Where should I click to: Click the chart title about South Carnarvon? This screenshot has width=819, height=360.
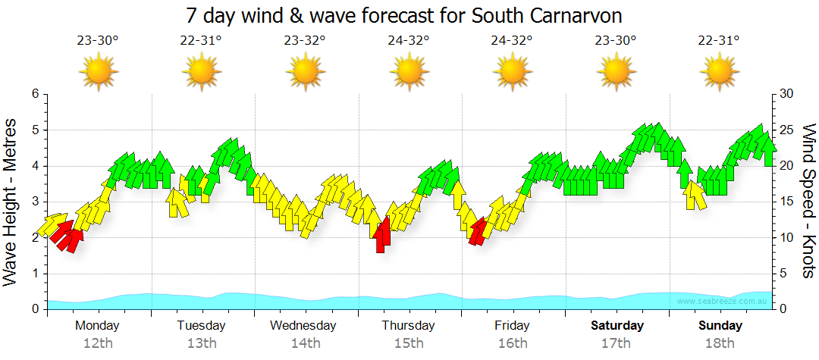point(409,16)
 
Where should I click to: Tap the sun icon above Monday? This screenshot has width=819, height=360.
point(98,73)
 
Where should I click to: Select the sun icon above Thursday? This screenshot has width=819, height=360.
point(409,73)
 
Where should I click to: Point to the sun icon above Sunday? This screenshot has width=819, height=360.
point(719,73)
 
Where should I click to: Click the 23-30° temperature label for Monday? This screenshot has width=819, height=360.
point(98,41)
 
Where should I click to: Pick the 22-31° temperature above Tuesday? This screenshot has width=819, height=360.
point(201,41)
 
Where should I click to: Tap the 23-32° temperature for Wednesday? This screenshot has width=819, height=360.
point(305,41)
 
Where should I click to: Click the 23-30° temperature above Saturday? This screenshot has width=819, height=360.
point(615,41)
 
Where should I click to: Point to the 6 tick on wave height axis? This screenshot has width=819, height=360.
point(35,94)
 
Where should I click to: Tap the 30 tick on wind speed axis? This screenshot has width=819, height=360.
point(787,94)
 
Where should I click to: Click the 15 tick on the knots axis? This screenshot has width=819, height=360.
point(787,202)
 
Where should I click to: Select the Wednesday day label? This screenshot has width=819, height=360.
point(303,326)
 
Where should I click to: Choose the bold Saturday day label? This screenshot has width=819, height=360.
point(617,326)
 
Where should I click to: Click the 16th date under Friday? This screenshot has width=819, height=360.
point(513,343)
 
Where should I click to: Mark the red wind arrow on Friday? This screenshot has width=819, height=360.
point(478,231)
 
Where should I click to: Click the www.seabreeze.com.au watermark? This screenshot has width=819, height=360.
point(723,302)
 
